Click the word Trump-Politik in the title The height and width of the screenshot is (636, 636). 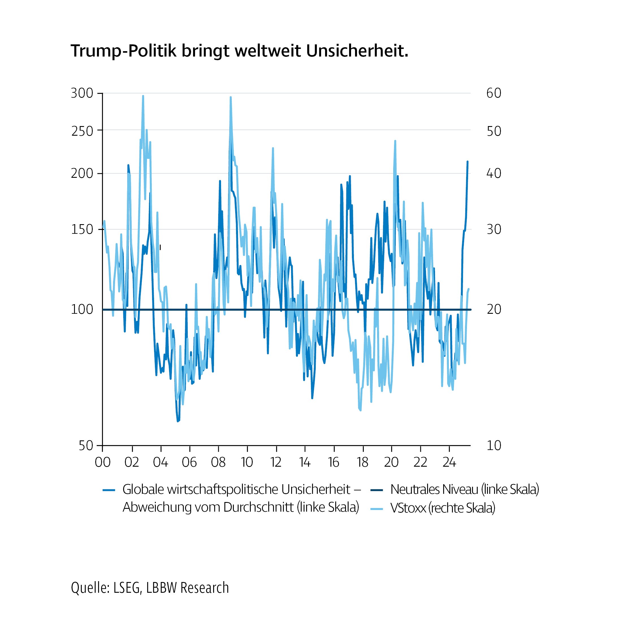point(124,51)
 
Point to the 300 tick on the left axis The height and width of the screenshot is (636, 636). point(82,94)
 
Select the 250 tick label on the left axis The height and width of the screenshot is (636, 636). point(82,131)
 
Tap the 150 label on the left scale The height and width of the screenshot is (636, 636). point(82,230)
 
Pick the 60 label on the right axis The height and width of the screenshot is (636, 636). point(494,94)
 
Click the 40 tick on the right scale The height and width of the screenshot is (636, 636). point(494,174)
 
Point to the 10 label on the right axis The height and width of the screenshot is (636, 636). point(494,446)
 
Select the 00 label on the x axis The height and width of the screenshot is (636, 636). point(102,462)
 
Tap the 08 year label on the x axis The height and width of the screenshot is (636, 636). point(218,462)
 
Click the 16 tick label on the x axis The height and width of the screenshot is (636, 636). point(334,462)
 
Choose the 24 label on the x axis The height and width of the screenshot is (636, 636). point(449,462)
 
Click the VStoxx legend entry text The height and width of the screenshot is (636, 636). point(442,508)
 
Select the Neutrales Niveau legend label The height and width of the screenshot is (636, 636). point(464,490)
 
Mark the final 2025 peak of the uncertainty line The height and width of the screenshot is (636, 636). point(468,162)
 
